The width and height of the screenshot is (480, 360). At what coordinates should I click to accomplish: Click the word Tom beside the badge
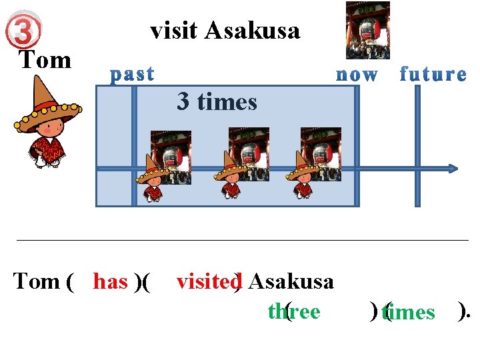(x=45, y=60)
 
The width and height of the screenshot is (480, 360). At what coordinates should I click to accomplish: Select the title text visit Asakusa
(x=225, y=30)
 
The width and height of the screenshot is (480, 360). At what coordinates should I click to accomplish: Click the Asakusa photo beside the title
(x=368, y=30)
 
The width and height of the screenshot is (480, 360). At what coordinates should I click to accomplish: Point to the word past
(x=133, y=73)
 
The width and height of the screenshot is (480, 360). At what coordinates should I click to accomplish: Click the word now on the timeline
(x=357, y=74)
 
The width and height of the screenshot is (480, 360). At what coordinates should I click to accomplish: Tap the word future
(x=433, y=74)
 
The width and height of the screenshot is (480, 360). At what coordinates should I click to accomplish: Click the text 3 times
(x=217, y=102)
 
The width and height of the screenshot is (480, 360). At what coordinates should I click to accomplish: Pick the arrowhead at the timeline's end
(x=453, y=169)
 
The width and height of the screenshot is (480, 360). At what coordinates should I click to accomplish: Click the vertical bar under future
(x=418, y=147)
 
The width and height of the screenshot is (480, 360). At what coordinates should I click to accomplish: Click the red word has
(x=111, y=282)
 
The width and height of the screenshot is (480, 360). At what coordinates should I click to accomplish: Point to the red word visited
(x=207, y=282)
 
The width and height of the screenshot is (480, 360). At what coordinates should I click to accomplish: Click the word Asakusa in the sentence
(x=291, y=282)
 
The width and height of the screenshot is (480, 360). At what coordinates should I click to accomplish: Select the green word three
(x=294, y=312)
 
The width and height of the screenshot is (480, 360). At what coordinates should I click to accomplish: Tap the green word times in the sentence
(x=409, y=312)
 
